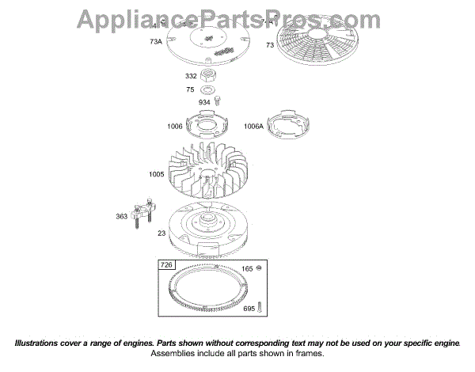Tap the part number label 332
pos(191,76)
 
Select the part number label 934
pos(204,103)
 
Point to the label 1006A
pos(253,126)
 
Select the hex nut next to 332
pos(211,76)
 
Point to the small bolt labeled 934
pos(218,101)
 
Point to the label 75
pos(191,89)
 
